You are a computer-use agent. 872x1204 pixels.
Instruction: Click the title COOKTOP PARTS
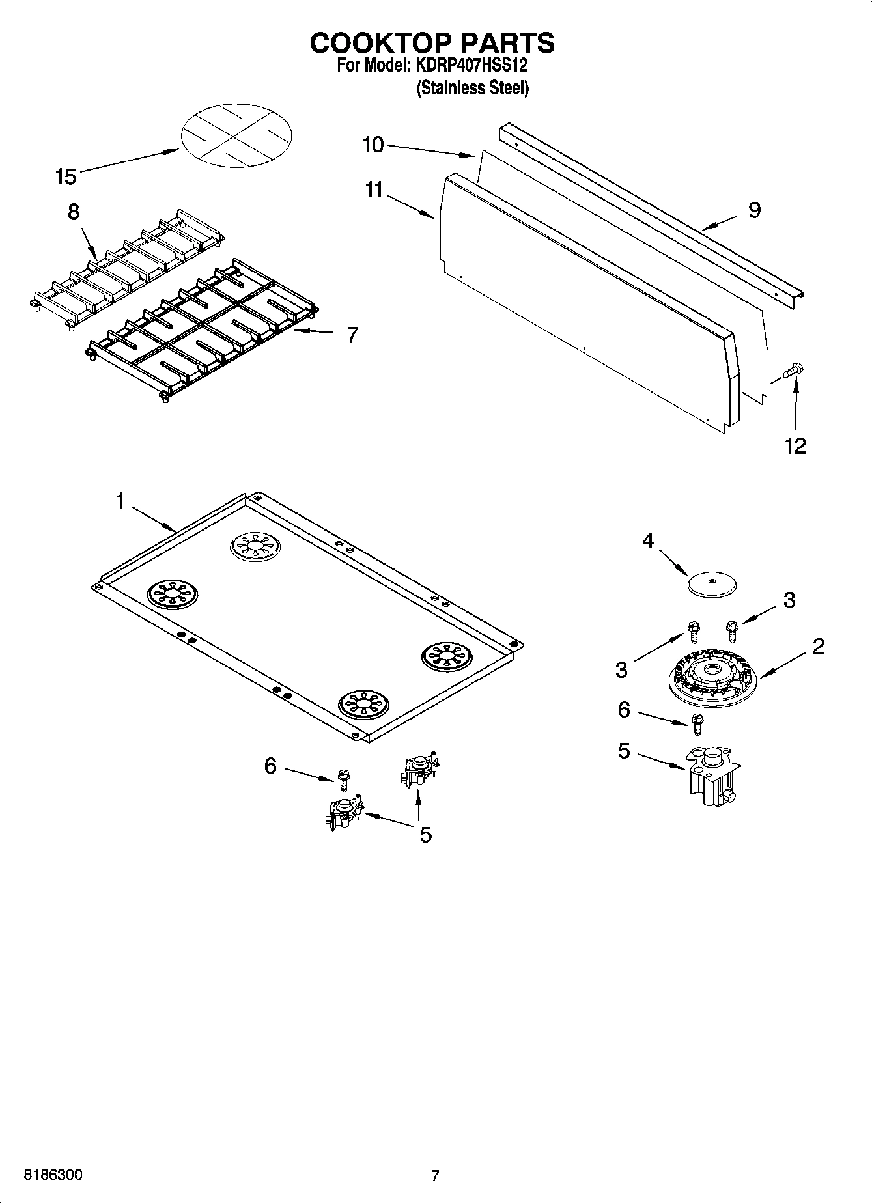tap(432, 43)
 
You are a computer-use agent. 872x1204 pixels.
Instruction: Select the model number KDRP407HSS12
tap(468, 66)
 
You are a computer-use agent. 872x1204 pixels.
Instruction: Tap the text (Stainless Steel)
tap(472, 88)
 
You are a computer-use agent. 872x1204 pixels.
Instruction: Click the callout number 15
tap(66, 176)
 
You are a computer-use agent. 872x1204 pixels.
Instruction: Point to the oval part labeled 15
tap(236, 135)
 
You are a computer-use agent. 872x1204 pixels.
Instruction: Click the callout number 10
tap(373, 145)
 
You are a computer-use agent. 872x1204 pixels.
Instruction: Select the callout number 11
tap(374, 190)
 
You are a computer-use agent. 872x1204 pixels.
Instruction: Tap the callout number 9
tap(754, 210)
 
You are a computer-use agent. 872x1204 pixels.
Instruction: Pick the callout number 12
tap(795, 446)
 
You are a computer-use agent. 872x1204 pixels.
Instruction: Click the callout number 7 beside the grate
tap(352, 335)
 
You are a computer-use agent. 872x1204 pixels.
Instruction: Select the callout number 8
tap(74, 212)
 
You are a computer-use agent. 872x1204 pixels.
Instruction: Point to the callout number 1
tap(120, 501)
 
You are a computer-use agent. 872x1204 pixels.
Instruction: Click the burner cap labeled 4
tap(711, 584)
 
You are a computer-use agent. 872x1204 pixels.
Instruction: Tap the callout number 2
tap(819, 646)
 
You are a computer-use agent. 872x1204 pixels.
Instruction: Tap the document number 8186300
tap(53, 1175)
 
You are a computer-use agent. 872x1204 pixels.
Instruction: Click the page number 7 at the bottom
tap(435, 1176)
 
